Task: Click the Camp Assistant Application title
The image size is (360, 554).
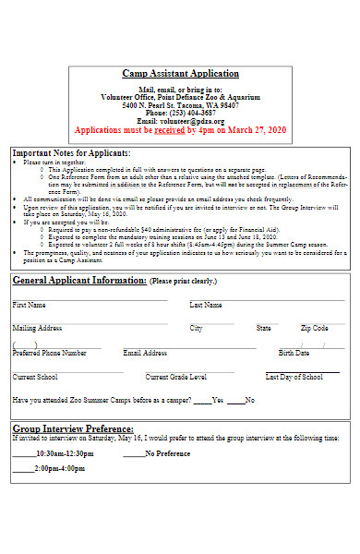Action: click(x=180, y=74)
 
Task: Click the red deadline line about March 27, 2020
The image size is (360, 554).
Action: click(x=180, y=131)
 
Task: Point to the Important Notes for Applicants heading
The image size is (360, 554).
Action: click(x=71, y=152)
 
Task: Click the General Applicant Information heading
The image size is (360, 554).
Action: click(x=79, y=280)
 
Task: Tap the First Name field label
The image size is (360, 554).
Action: click(x=29, y=305)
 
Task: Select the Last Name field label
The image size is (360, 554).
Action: click(x=205, y=305)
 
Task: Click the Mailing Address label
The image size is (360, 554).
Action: click(x=37, y=328)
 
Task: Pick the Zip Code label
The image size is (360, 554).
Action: click(x=314, y=328)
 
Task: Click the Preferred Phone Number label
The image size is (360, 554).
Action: click(x=49, y=353)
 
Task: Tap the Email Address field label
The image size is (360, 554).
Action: click(x=145, y=353)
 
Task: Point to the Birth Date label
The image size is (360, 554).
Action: click(x=294, y=353)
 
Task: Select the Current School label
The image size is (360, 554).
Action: click(x=35, y=377)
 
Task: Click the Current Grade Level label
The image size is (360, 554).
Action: click(x=175, y=377)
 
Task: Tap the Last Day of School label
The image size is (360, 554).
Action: click(x=294, y=377)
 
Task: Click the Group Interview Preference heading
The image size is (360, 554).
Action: click(x=73, y=428)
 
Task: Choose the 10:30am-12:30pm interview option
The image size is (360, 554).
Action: click(x=65, y=454)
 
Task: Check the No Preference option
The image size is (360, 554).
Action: click(x=168, y=454)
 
